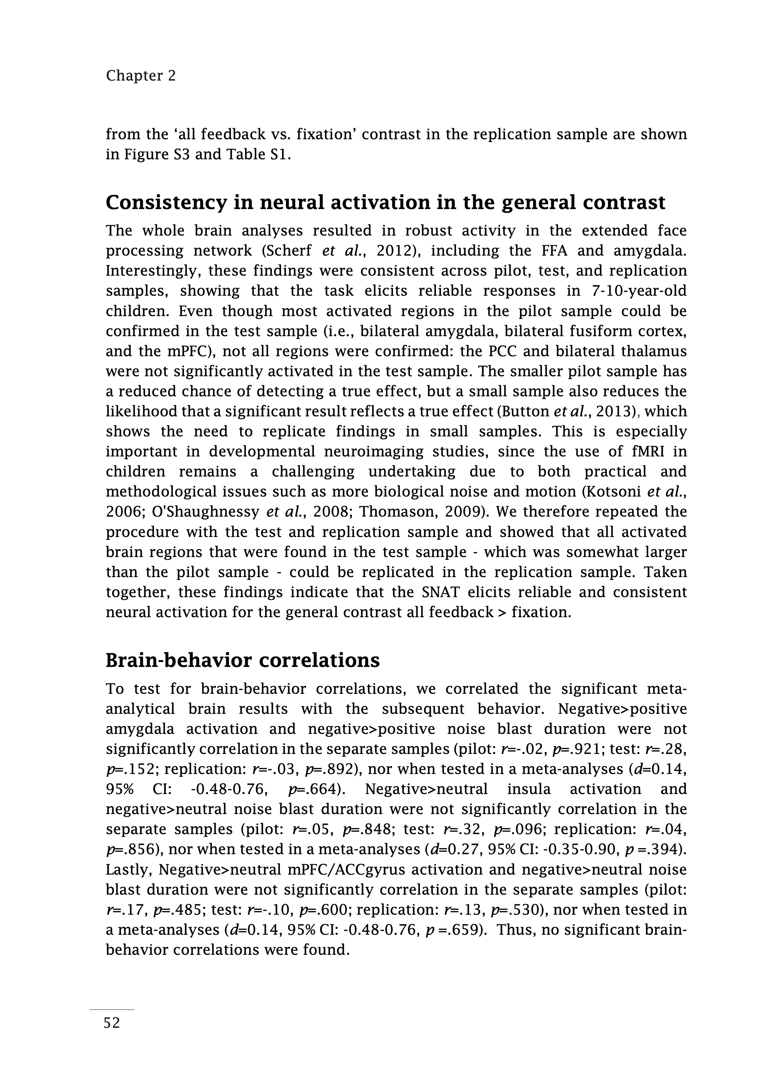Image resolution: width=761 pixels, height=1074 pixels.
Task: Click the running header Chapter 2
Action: (x=141, y=76)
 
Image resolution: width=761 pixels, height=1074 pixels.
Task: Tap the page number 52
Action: (x=112, y=1022)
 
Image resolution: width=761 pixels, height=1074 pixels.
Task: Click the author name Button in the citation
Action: (x=527, y=411)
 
